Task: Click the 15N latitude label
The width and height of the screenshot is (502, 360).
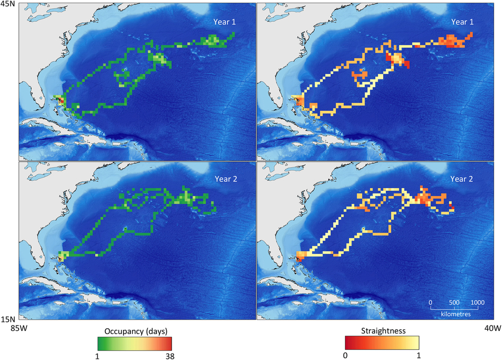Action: [x=8, y=319]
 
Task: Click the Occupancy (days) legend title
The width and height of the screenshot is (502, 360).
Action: [x=135, y=331]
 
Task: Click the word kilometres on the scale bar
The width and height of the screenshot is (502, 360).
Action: [x=455, y=314]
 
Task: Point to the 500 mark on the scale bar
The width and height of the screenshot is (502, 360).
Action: [x=454, y=302]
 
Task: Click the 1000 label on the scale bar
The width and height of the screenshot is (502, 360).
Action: [x=477, y=302]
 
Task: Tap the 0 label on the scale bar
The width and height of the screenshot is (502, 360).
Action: [x=430, y=302]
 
